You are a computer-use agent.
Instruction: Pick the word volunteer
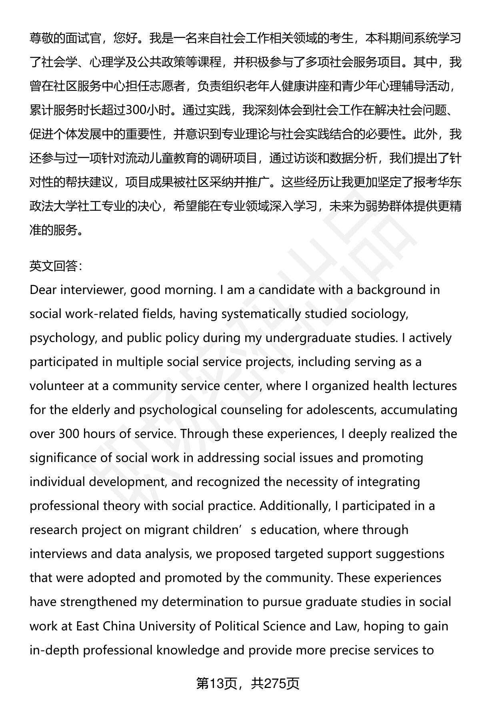[56, 386]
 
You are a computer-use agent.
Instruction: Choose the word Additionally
[294, 506]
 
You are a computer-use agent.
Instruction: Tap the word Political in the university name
[236, 626]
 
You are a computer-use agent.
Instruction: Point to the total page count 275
[276, 684]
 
